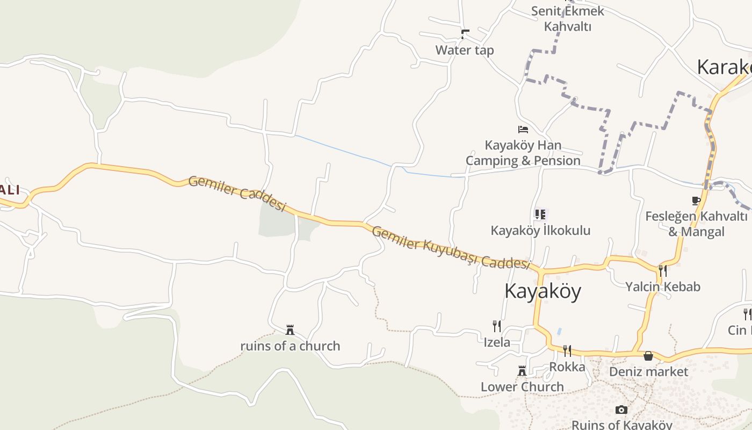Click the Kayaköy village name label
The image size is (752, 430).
pyautogui.click(x=543, y=291)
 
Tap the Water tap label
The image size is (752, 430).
pyautogui.click(x=465, y=50)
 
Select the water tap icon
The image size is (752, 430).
pyautogui.click(x=465, y=34)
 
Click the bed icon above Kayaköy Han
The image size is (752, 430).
pyautogui.click(x=523, y=130)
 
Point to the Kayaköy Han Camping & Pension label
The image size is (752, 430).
pyautogui.click(x=523, y=153)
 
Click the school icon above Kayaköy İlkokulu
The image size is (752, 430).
pyautogui.click(x=540, y=214)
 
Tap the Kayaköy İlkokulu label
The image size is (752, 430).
pyautogui.click(x=540, y=231)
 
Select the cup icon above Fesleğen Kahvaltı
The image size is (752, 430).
pyautogui.click(x=696, y=201)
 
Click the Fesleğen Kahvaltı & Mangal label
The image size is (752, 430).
pyautogui.click(x=696, y=224)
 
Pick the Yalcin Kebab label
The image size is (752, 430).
pyautogui.click(x=663, y=286)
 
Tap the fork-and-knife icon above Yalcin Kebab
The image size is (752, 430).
pyautogui.click(x=663, y=270)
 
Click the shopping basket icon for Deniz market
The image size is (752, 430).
pyautogui.click(x=648, y=356)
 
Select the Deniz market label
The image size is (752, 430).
pyautogui.click(x=648, y=372)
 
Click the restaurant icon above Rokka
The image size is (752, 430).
pyautogui.click(x=567, y=351)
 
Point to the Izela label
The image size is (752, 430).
pyautogui.click(x=497, y=342)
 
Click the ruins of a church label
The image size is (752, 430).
pyautogui.click(x=290, y=346)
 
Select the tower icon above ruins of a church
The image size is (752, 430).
pyautogui.click(x=290, y=329)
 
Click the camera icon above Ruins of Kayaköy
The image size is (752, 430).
pyautogui.click(x=621, y=410)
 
